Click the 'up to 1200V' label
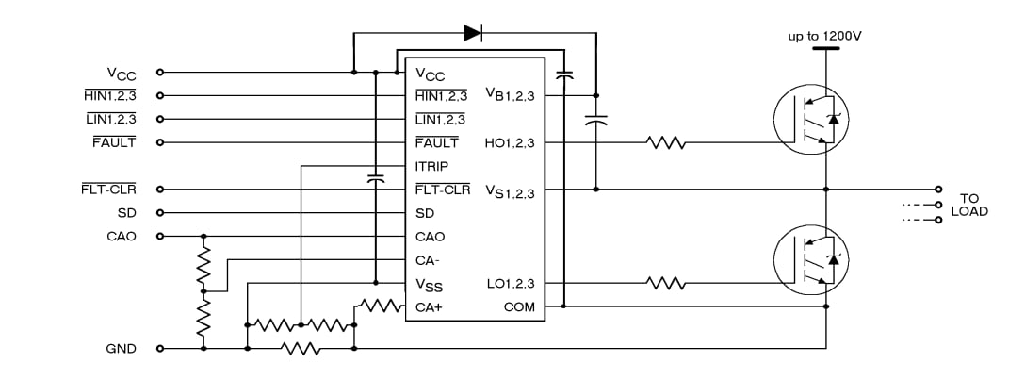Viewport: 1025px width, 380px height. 825,36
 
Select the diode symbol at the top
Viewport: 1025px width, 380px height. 473,33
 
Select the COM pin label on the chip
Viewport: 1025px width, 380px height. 519,306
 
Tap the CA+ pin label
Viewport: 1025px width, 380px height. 430,306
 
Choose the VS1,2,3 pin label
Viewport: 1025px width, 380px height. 510,191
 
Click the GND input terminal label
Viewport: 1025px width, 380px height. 121,349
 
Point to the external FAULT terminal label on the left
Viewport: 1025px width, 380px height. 114,142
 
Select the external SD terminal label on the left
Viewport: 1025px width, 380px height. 126,213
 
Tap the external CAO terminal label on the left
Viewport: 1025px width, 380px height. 122,237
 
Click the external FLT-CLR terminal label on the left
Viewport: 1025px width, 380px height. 109,190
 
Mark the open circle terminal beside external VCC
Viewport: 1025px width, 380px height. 159,72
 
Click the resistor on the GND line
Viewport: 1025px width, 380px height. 301,349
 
